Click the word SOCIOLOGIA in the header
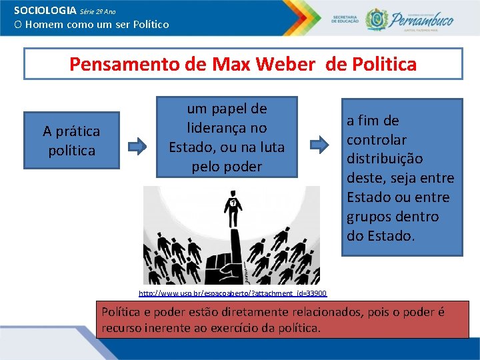click(45, 11)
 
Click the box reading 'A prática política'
click(71, 141)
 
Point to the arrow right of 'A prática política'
click(137, 145)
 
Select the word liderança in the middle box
click(227, 127)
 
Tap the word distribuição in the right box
click(384, 159)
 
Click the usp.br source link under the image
click(233, 293)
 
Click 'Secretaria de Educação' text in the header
click(345, 19)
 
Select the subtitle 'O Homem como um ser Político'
click(91, 25)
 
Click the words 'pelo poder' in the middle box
click(227, 166)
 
